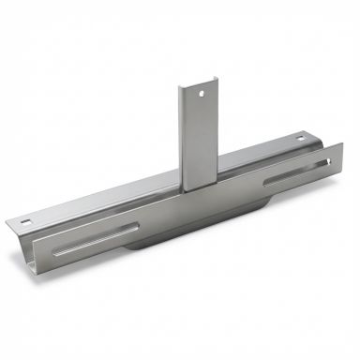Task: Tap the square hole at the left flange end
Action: [26, 222]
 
